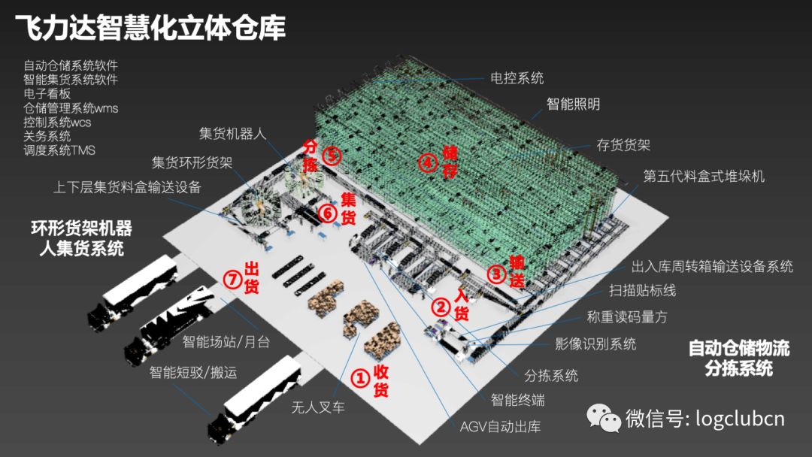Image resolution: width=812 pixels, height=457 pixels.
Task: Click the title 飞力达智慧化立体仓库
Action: (150, 27)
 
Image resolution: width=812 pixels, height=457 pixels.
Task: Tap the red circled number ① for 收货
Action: (360, 378)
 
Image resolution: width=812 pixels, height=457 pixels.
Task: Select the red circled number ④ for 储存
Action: (428, 163)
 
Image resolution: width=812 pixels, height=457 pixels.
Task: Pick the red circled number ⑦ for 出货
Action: (232, 280)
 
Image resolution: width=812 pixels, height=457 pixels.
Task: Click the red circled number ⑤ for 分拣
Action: (332, 156)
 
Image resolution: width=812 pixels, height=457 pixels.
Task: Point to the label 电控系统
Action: (517, 78)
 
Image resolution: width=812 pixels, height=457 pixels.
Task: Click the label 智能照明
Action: (573, 104)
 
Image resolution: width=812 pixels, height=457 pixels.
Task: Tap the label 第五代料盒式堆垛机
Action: (704, 176)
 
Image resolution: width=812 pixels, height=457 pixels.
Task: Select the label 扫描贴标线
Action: (642, 290)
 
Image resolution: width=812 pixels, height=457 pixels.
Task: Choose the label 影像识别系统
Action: (595, 344)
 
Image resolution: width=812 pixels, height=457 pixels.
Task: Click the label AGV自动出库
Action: (500, 426)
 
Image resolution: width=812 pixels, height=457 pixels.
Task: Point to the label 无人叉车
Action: (318, 407)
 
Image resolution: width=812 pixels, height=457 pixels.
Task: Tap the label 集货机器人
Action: (232, 134)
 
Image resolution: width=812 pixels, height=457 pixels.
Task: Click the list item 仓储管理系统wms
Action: (71, 108)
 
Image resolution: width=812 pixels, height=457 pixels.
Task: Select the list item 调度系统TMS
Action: (59, 150)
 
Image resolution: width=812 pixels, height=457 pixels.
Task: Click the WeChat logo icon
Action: (603, 418)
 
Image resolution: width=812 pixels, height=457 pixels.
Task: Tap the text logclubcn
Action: (740, 418)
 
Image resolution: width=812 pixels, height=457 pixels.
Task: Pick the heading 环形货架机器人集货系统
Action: (81, 238)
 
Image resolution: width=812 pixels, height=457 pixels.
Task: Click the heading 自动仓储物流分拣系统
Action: (739, 358)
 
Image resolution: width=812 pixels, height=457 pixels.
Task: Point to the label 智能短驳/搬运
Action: (193, 372)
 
